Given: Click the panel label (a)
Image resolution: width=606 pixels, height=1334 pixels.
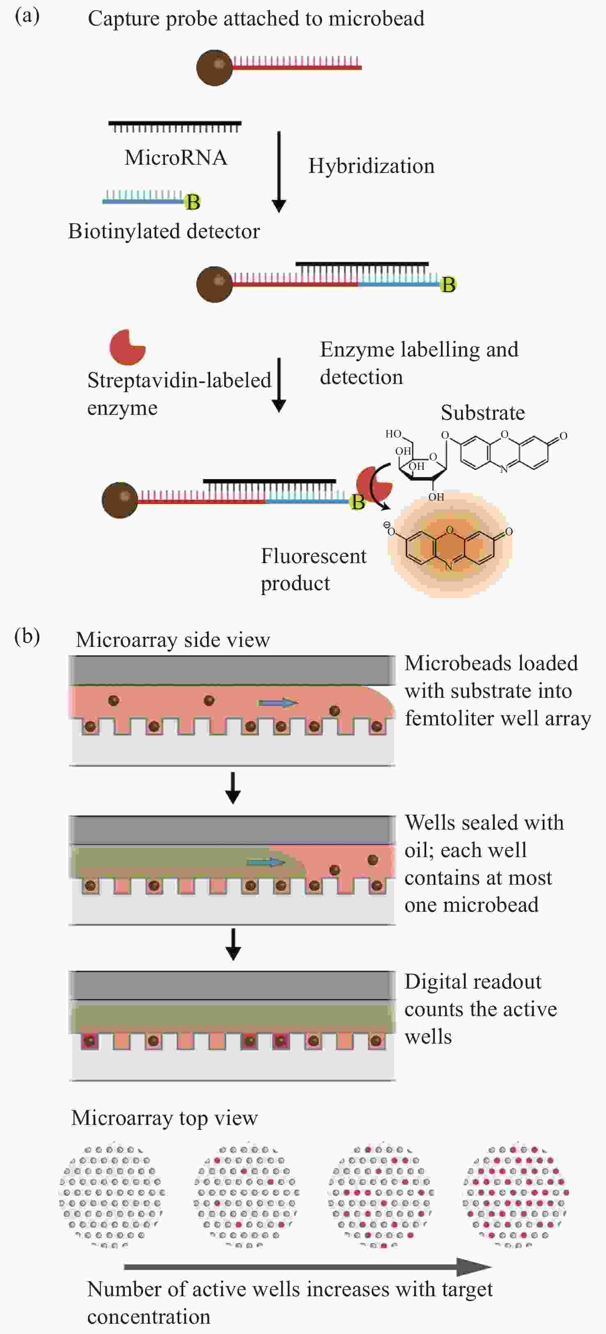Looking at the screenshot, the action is (27, 16).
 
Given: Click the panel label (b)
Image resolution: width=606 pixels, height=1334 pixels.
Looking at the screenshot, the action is (27, 637).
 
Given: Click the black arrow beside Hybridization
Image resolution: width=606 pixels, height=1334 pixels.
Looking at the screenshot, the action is (279, 172).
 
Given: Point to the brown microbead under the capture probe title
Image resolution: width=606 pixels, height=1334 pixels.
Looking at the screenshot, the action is (215, 67).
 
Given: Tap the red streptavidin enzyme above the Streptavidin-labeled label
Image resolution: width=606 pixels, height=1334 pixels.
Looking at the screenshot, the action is (127, 347).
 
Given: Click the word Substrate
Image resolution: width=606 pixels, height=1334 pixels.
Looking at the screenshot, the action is (482, 413).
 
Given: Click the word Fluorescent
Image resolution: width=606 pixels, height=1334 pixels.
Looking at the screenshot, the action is (314, 556).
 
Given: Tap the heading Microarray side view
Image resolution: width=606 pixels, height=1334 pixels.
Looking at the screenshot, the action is (173, 640).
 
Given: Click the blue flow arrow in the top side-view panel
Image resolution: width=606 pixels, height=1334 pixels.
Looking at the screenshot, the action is (278, 703).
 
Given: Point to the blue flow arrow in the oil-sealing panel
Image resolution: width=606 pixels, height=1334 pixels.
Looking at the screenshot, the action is (266, 862).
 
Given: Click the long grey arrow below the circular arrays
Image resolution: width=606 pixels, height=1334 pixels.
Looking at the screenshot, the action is (308, 1267).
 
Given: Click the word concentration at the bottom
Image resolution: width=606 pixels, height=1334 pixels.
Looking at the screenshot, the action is (149, 1316).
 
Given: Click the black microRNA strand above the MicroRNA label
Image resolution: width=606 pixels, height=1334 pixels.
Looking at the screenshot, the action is (175, 126).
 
